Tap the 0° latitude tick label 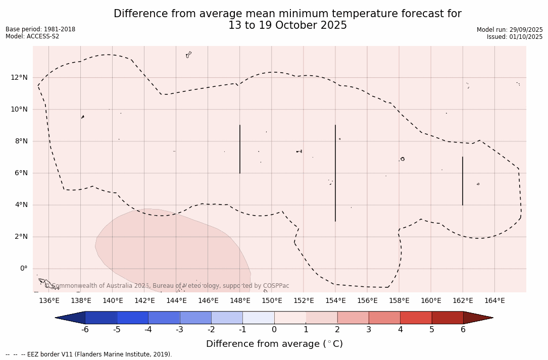click(x=23, y=269)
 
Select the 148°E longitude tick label click(x=240, y=301)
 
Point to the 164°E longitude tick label click(x=494, y=301)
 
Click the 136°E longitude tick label click(x=49, y=301)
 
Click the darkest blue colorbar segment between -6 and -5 click(x=101, y=318)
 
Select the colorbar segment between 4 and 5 click(x=416, y=318)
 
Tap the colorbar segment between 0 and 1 click(x=290, y=318)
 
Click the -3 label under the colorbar click(x=179, y=330)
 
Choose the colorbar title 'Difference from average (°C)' click(x=274, y=344)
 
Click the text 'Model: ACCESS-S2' click(x=32, y=36)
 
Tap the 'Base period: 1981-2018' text click(x=40, y=29)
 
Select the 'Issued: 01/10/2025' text click(x=515, y=37)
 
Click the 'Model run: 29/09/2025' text click(x=510, y=30)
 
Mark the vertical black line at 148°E click(x=240, y=149)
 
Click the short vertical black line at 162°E click(x=463, y=181)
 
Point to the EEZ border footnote click(x=89, y=354)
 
